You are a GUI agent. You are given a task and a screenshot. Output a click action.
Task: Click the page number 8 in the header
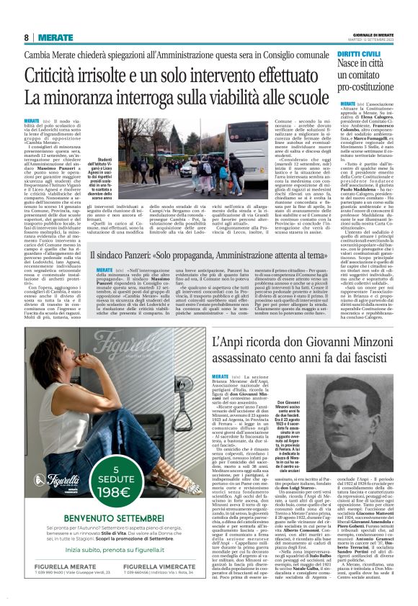(27, 37)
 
